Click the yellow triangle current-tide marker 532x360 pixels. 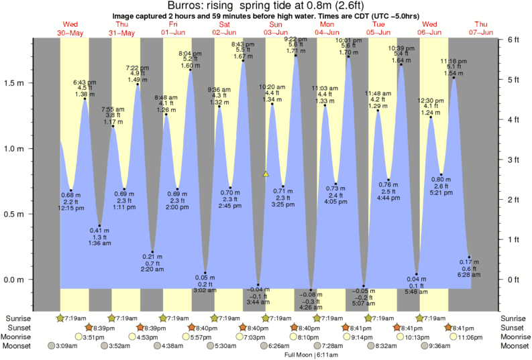266,174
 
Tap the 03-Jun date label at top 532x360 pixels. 275,32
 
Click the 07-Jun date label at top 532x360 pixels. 481,32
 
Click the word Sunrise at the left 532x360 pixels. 19,318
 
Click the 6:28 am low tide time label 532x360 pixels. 469,275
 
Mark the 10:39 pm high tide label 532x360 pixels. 401,48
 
